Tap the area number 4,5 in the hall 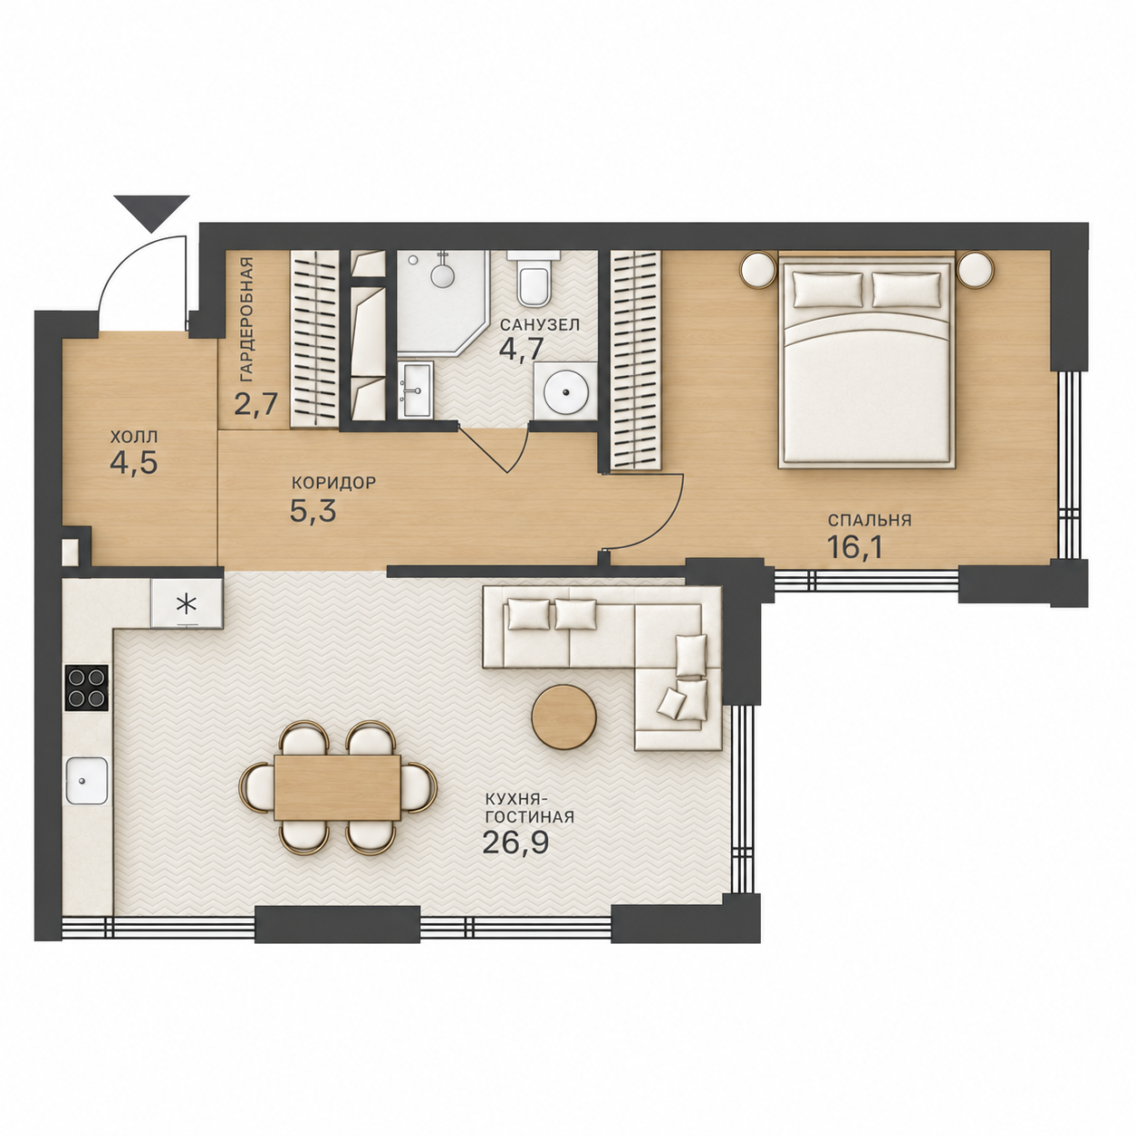[134, 463]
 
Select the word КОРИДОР [334, 484]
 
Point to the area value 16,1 [855, 546]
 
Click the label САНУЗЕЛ [540, 325]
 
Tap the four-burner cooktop [87, 688]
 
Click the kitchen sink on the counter [87, 781]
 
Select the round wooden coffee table [563, 717]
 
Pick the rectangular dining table [337, 787]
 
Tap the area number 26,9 [515, 843]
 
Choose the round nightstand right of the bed [976, 270]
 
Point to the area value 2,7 [255, 404]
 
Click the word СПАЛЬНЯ [870, 520]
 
